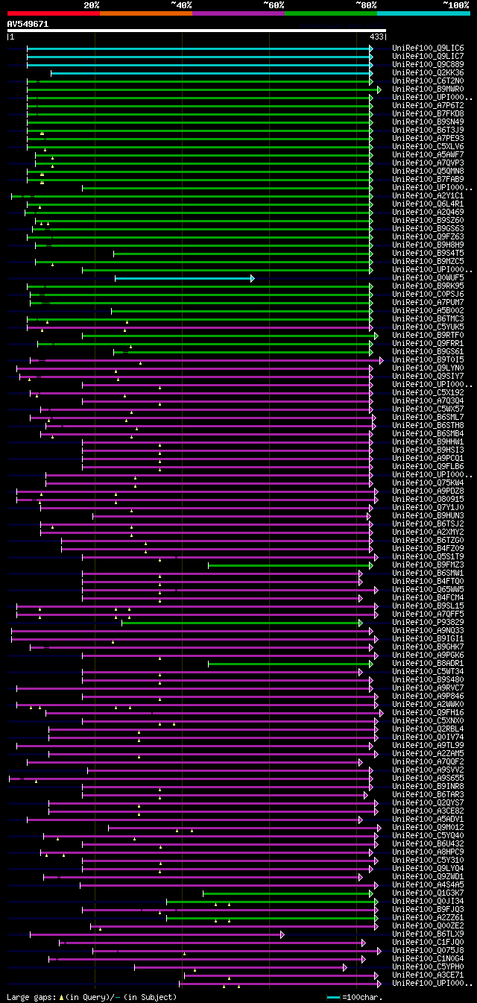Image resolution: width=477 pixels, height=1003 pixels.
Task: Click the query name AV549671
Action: [28, 24]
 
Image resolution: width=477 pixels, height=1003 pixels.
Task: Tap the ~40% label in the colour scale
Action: [181, 5]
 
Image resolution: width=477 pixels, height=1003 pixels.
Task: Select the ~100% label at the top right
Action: [456, 5]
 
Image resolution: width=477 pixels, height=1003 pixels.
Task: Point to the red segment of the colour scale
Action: [53, 13]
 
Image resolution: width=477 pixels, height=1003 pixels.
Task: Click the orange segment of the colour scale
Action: [145, 13]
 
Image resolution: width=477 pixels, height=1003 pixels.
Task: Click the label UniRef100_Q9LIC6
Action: [428, 48]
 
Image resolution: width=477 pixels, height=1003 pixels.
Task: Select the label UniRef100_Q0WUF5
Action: [428, 278]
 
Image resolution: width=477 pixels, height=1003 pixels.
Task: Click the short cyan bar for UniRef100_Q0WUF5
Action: [183, 278]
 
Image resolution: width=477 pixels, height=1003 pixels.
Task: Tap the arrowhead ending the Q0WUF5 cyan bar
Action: [253, 278]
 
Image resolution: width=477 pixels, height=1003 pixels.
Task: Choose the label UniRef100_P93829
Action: [428, 623]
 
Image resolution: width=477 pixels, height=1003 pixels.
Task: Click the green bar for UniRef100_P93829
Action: [238, 623]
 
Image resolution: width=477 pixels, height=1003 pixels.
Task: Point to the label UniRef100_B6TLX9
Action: [428, 934]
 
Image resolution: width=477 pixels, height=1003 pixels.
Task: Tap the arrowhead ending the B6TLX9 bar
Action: [282, 934]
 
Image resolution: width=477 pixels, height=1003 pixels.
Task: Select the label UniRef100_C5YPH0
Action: [428, 967]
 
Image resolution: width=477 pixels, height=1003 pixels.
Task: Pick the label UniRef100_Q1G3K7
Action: [428, 893]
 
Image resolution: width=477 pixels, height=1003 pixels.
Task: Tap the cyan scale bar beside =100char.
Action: [333, 997]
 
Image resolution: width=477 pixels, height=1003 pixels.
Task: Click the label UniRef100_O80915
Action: [428, 500]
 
